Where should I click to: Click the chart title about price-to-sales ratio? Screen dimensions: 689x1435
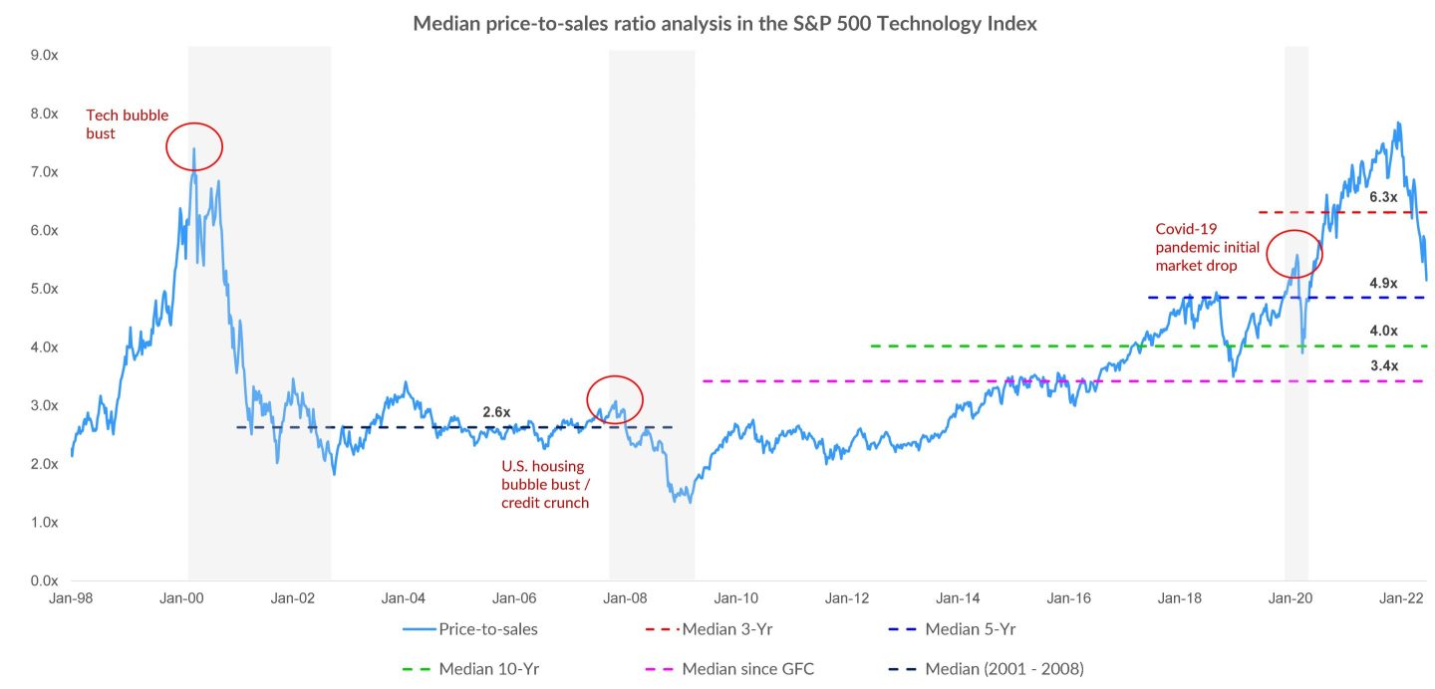(x=724, y=24)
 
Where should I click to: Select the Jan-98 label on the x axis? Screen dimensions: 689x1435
(x=71, y=599)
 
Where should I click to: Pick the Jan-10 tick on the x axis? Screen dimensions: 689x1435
(x=736, y=599)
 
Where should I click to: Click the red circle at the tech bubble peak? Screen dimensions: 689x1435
(x=194, y=146)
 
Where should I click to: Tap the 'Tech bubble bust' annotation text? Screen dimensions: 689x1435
(x=127, y=124)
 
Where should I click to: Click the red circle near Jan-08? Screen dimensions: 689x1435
(x=615, y=400)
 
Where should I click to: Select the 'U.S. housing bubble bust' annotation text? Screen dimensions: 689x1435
(x=544, y=484)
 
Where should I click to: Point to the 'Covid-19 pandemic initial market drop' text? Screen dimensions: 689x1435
(x=1207, y=247)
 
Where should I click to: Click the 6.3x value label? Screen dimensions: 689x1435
(x=1383, y=197)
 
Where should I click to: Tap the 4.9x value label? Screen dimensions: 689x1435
(x=1383, y=283)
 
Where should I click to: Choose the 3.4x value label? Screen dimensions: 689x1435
(x=1383, y=365)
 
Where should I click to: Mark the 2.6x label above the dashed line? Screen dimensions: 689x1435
(x=496, y=412)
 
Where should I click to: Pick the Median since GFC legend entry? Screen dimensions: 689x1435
(x=747, y=669)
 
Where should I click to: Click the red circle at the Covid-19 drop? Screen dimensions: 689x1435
(x=1293, y=254)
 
